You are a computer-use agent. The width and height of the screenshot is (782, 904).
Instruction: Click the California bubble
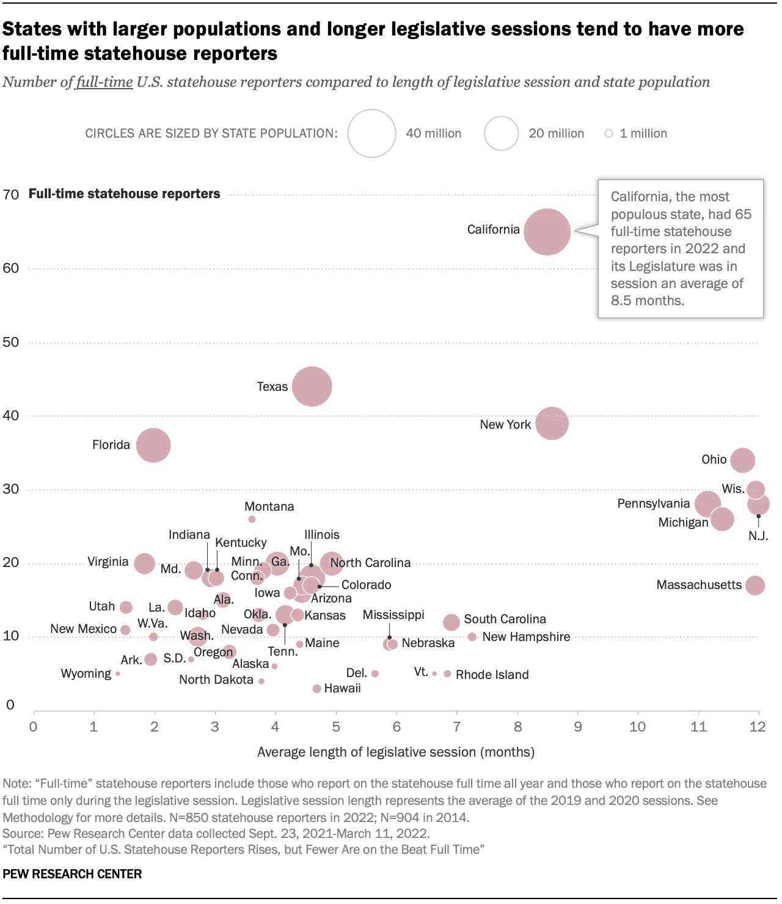[x=547, y=232]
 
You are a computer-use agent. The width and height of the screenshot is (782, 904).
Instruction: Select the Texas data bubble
[x=312, y=387]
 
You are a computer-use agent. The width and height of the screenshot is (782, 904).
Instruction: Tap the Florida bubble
[x=153, y=445]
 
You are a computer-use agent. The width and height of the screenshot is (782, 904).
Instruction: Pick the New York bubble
[x=552, y=423]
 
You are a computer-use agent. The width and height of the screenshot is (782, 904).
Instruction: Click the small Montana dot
[x=252, y=519]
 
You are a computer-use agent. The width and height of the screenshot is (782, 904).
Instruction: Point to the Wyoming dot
[x=118, y=673]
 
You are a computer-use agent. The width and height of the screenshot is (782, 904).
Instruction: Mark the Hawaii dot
[x=316, y=689]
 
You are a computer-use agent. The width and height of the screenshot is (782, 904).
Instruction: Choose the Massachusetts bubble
[x=755, y=585]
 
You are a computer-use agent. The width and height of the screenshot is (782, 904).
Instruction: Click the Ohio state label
[x=714, y=459]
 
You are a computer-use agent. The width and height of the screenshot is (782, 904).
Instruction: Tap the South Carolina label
[x=505, y=619]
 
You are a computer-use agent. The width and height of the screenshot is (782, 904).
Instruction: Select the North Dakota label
[x=216, y=680]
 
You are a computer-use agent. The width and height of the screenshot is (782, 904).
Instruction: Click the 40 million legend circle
[x=372, y=133]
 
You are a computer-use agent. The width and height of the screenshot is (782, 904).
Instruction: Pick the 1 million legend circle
[x=608, y=133]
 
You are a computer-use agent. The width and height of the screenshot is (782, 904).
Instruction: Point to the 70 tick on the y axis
[x=10, y=195]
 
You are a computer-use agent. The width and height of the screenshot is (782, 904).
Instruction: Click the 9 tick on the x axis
[x=577, y=727]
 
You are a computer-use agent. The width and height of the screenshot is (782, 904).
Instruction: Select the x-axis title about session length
[x=396, y=752]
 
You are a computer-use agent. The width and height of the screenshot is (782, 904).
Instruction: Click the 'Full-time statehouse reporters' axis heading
[x=124, y=194]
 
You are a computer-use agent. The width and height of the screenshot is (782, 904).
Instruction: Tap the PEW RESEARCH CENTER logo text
[x=72, y=874]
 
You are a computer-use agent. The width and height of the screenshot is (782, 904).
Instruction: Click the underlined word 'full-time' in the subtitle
[x=104, y=82]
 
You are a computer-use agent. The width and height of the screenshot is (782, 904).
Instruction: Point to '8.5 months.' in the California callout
[x=647, y=300]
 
